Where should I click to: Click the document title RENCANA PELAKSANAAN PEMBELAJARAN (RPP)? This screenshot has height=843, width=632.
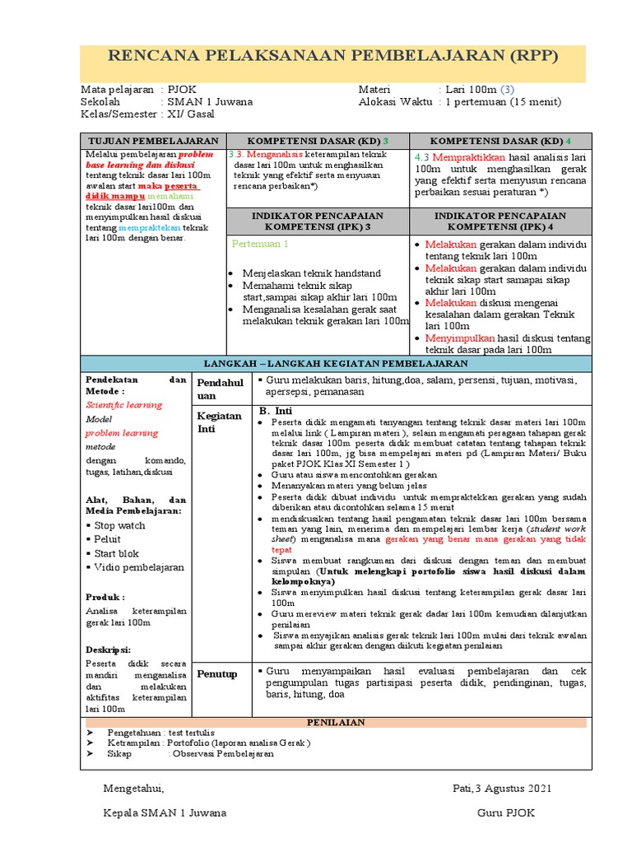pos(333,57)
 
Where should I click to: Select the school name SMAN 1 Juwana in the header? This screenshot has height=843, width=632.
pos(209,102)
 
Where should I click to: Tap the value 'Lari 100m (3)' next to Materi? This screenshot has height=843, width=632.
pos(479,89)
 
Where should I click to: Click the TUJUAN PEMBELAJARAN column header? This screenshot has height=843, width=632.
pos(153,141)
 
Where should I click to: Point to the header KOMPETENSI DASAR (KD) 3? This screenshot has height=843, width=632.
pos(318,141)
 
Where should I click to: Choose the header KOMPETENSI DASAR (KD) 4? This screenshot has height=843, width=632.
pos(500,141)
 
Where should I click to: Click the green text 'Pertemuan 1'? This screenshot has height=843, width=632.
pos(260,245)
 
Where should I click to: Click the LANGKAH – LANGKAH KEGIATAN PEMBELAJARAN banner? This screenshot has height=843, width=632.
pos(336,363)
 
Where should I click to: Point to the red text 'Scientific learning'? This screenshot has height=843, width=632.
pos(124,405)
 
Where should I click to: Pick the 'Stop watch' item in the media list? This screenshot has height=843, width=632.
pos(119,525)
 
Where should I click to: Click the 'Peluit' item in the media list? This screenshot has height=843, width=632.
pos(108,539)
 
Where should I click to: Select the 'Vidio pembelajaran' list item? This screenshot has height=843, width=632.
pos(139,567)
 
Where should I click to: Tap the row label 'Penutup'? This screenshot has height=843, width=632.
pos(216,674)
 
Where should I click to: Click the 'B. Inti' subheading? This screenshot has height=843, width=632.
pos(276,411)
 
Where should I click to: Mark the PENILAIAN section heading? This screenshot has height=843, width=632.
pos(335,722)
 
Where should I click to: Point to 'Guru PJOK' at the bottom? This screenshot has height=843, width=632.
pos(504,813)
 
